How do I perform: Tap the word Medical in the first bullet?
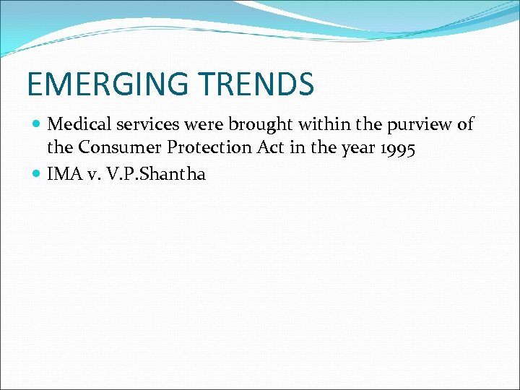78,124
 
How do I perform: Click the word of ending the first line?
465,124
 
